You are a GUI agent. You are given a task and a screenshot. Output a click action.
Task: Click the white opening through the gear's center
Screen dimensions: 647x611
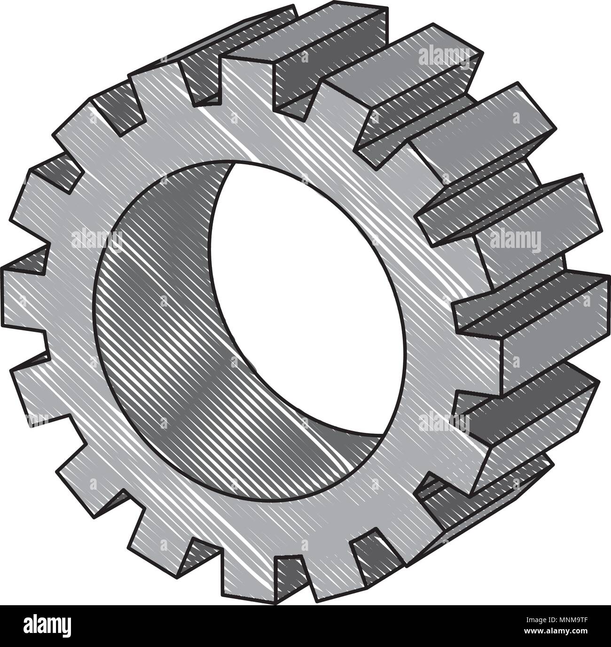(301, 291)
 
